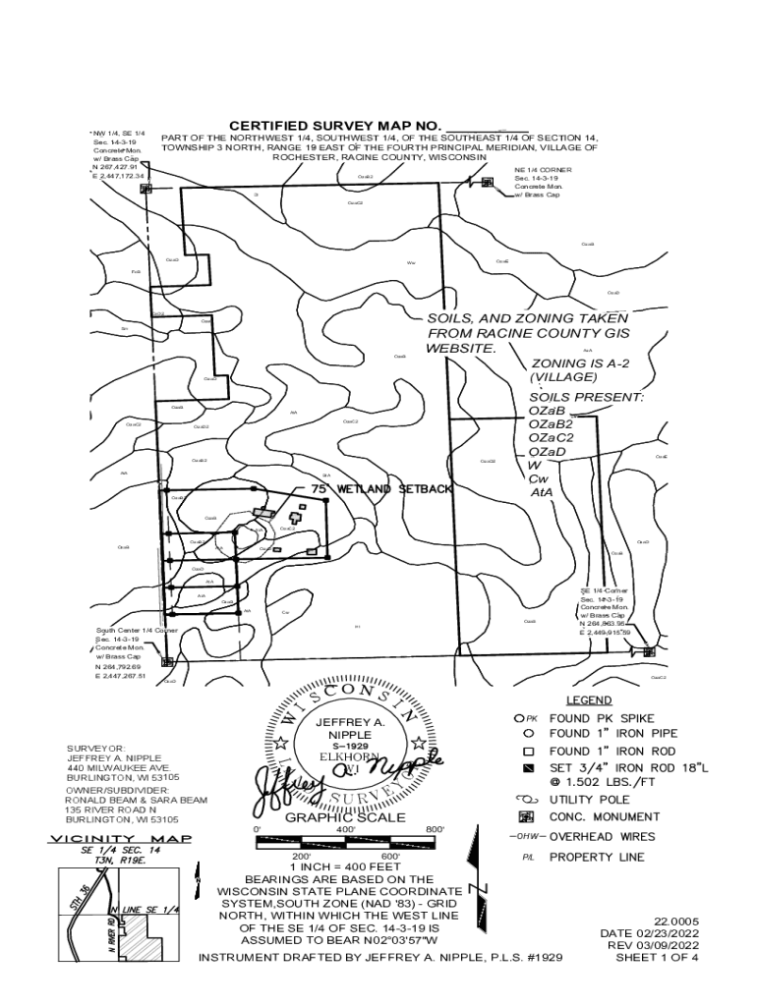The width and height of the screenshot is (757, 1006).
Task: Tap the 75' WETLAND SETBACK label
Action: [381, 488]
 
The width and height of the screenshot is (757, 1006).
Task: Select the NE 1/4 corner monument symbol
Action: [488, 182]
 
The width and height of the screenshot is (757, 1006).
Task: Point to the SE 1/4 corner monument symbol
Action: [649, 650]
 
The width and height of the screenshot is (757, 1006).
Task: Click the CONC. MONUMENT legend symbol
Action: [526, 816]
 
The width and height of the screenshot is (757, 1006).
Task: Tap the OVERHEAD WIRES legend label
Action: [601, 837]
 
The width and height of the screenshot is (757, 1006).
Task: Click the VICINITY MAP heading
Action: [121, 838]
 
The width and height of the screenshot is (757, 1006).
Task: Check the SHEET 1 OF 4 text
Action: [657, 958]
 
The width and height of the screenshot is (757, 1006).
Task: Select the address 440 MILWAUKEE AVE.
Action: [119, 767]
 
